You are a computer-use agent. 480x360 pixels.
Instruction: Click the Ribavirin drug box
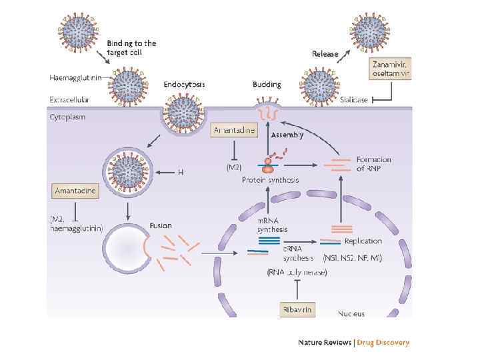click(297, 310)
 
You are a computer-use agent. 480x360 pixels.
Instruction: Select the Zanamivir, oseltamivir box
click(391, 68)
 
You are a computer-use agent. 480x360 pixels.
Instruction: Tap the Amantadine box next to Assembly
click(233, 131)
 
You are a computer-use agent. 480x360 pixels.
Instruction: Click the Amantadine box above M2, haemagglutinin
click(75, 191)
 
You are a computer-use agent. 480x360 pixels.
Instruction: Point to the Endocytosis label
click(184, 85)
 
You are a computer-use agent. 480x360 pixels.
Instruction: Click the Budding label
click(267, 85)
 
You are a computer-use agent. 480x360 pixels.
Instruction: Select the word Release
click(325, 54)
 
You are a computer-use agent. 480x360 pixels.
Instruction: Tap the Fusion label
click(161, 225)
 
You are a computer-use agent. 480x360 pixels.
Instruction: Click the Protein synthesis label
click(270, 180)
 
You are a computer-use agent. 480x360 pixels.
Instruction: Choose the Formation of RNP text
click(374, 163)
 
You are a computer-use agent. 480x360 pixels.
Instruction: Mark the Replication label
click(363, 241)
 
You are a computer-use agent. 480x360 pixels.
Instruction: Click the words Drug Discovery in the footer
click(383, 343)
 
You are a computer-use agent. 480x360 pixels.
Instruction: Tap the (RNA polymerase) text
click(297, 273)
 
